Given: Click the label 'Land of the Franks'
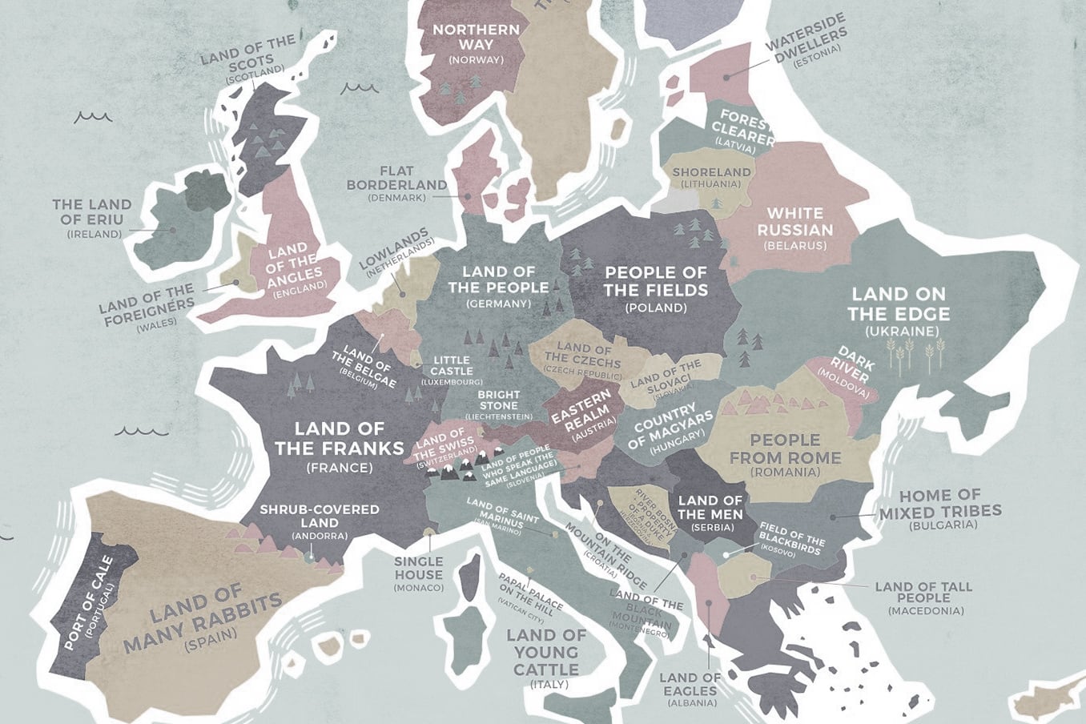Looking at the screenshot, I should coord(339,439).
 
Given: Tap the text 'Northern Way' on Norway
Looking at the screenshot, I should coord(476,38).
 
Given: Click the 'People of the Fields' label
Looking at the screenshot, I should coord(656,281).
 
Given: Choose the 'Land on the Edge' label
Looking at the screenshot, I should coord(899,304).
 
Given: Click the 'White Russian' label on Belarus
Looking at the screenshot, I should coord(794,221).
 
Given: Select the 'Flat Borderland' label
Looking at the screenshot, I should coord(396,178).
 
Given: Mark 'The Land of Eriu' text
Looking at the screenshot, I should coord(91,212).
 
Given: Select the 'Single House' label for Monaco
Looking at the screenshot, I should coord(418,568).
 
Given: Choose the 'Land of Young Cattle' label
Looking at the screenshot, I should coord(546,652).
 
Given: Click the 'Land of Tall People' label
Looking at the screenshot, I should coord(923,592).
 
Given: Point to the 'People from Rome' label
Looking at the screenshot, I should coord(785,449).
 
